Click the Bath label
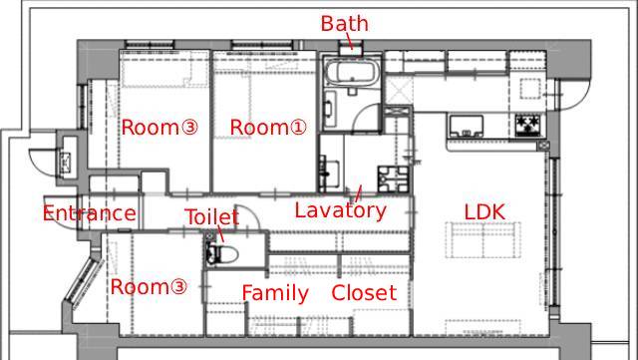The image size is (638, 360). tap(344, 23)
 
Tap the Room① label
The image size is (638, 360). tap(268, 127)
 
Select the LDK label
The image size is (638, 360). tap(484, 211)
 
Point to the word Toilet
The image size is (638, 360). tap(211, 216)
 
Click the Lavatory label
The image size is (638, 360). tap(340, 211)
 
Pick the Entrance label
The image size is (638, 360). tap(89, 213)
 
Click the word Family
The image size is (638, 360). tap(275, 293)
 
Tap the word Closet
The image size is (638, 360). tap(364, 292)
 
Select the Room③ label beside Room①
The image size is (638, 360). tap(159, 127)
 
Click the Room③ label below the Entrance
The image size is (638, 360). tap(149, 286)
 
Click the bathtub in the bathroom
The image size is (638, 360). tap(352, 73)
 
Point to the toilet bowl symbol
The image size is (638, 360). tap(221, 254)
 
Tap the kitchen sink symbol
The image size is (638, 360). tap(466, 127)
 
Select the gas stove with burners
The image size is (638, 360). tap(529, 125)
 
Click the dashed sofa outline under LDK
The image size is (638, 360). tap(482, 240)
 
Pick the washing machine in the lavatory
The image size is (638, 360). tap(393, 180)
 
